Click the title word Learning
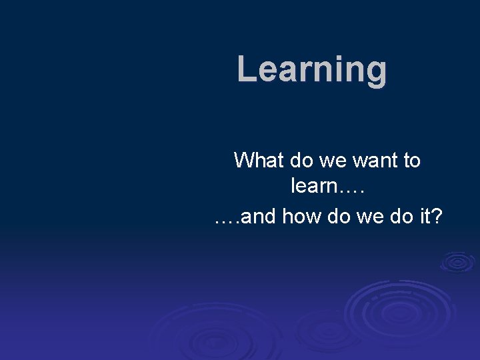tap(311, 69)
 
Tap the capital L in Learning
tap(247, 69)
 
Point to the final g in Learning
tap(376, 72)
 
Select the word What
tap(258, 160)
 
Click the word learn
tap(315, 186)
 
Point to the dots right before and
tap(226, 222)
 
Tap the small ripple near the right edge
tap(457, 262)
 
